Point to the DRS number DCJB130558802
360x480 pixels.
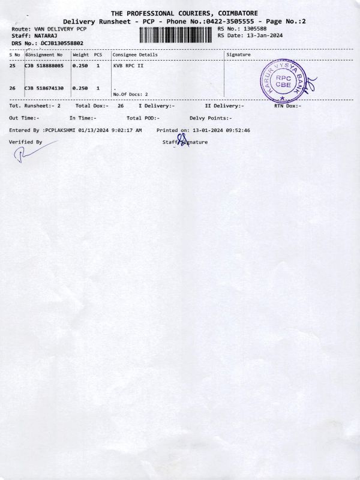click(62, 43)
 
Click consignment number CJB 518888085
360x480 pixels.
click(44, 65)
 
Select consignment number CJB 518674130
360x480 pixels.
click(44, 88)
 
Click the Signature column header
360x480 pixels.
click(239, 55)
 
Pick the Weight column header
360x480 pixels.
click(80, 55)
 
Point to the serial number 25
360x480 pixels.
click(13, 65)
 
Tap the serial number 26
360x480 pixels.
click(13, 88)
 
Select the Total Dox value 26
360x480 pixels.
click(121, 106)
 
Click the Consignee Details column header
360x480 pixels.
click(135, 55)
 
